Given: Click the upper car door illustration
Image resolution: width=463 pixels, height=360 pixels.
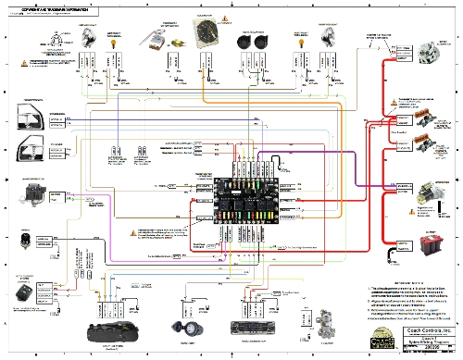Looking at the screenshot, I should pyautogui.click(x=28, y=118).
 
